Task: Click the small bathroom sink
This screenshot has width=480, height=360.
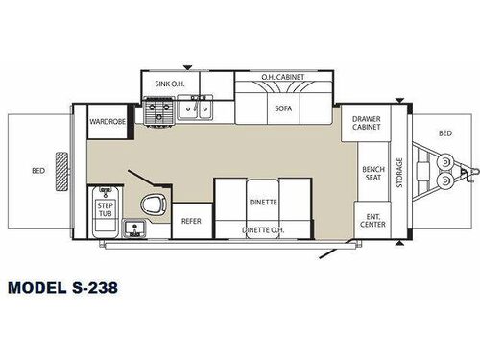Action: click(135, 228)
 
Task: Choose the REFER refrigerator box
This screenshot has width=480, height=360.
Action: click(191, 221)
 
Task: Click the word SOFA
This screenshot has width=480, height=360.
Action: click(282, 108)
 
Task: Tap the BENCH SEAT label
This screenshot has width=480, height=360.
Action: click(373, 174)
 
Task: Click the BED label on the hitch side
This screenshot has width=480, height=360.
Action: click(444, 133)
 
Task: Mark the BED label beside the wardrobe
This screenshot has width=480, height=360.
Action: click(38, 171)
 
